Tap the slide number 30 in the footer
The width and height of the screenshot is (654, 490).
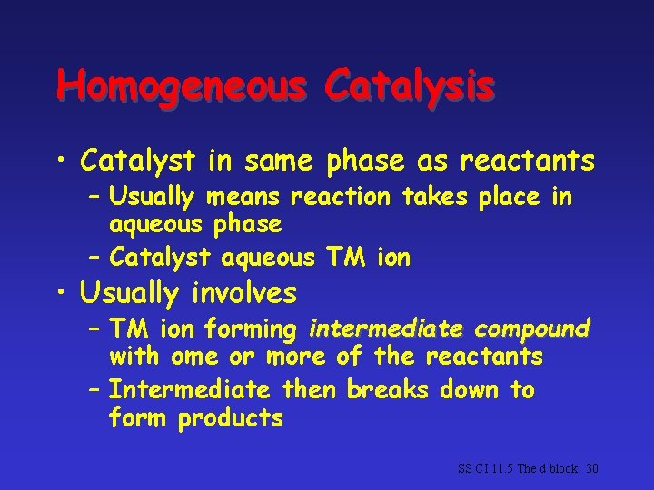(593, 469)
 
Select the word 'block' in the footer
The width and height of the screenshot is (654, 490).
(563, 469)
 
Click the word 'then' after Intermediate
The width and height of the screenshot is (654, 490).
(308, 391)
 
